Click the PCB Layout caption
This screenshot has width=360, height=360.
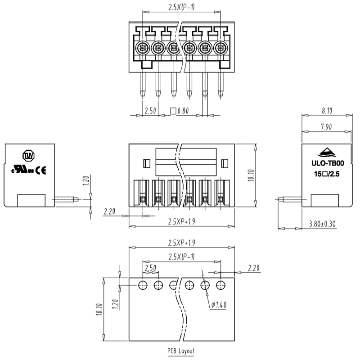click(181, 351)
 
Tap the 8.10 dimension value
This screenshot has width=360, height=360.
click(327, 110)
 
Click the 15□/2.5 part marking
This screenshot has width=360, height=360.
click(327, 173)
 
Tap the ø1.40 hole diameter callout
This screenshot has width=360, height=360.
click(219, 305)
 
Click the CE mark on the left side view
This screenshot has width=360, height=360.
click(41, 170)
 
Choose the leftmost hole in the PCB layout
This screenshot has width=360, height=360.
click(143, 284)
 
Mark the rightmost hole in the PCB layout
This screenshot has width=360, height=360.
click(220, 284)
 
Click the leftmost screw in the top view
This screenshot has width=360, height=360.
click(143, 46)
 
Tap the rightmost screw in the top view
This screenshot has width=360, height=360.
click(220, 46)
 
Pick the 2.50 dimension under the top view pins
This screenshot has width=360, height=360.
click(150, 111)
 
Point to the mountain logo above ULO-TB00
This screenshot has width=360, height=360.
click(327, 152)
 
